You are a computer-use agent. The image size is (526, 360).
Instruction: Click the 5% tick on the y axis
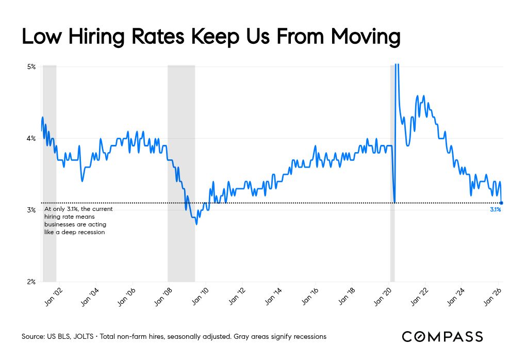(x=32, y=67)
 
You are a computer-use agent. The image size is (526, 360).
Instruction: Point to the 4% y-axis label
(x=32, y=138)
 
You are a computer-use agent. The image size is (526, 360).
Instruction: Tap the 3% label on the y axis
(x=32, y=210)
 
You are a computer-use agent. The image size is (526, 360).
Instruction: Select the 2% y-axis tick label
(x=32, y=282)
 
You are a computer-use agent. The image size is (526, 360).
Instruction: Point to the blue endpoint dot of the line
(x=502, y=203)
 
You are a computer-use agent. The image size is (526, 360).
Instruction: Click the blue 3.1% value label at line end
(x=495, y=210)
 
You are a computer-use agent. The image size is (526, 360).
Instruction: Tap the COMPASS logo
(x=442, y=337)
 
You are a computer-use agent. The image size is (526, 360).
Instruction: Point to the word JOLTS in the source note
(x=86, y=337)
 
